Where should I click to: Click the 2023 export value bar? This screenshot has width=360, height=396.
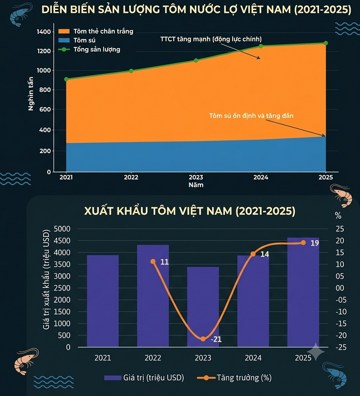(x=203, y=307)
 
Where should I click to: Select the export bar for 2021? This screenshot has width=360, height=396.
(x=103, y=301)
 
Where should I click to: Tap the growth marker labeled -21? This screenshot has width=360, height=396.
(x=203, y=339)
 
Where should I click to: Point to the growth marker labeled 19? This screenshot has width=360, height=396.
(x=303, y=243)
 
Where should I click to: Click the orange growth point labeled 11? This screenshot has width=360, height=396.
(x=153, y=261)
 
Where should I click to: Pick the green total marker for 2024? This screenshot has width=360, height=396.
(x=261, y=46)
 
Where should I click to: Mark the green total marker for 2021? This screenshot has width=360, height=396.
(x=66, y=79)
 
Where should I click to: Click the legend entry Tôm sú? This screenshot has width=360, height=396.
(x=77, y=40)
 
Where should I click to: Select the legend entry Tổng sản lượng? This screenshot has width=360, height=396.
(x=89, y=50)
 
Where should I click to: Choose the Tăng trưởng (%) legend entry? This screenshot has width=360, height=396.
(x=234, y=378)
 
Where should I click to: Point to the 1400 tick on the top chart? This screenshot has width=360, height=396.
(x=44, y=32)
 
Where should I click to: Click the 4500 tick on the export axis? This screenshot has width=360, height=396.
(x=62, y=241)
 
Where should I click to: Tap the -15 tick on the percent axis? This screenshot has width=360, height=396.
(x=341, y=323)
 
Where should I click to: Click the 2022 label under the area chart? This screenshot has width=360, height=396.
(x=131, y=178)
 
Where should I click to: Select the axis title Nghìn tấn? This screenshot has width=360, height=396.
(x=31, y=94)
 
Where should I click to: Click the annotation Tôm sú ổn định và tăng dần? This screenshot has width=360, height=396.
(x=251, y=116)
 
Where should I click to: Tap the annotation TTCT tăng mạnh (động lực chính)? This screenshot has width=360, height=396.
(x=211, y=39)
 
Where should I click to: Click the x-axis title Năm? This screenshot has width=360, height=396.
(x=196, y=185)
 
